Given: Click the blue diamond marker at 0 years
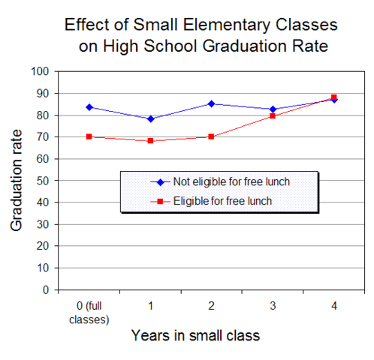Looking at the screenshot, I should (x=89, y=107).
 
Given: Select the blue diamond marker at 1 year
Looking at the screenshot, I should (x=150, y=118).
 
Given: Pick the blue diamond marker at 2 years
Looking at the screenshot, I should (x=211, y=103).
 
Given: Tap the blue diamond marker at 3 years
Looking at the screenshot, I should (x=273, y=109).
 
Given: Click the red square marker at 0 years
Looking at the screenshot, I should (x=89, y=136).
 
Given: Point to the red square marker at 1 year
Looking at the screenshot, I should (x=150, y=141).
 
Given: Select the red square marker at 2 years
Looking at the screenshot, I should (x=211, y=136).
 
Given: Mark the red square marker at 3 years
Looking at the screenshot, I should (x=273, y=115).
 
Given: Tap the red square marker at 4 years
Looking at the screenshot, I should (x=333, y=97).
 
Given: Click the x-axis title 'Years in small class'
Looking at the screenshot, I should (x=196, y=336).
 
